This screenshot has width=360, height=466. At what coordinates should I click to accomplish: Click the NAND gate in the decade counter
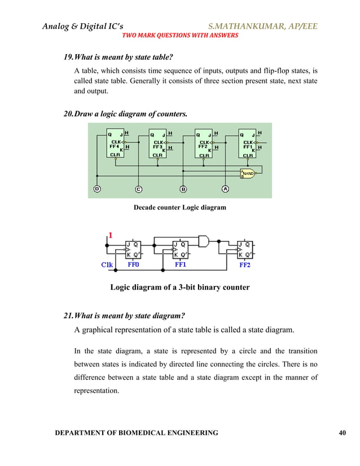pos(247,173)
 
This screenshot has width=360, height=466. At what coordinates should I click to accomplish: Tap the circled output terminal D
pos(96,189)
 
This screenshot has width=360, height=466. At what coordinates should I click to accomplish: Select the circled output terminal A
pos(225,189)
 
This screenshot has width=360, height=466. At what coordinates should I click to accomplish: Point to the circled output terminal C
pos(139,189)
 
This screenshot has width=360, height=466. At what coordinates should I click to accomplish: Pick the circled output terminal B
pos(183,189)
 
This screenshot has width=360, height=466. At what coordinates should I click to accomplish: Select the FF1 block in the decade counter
pos(248,144)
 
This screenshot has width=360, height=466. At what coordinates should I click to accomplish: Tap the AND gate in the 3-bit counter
pos(203,241)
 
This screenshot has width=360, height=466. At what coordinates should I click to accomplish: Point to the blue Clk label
pos(107,263)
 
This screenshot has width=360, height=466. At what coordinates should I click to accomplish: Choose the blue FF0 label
pos(134,263)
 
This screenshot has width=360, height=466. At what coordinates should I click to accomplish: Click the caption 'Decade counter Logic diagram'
pos(179,208)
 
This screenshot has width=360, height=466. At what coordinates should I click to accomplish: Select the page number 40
pos(342,432)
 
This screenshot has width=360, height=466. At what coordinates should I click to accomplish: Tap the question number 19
pos(68,58)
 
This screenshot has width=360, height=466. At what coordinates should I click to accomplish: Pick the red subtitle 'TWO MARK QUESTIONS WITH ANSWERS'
pos(180,35)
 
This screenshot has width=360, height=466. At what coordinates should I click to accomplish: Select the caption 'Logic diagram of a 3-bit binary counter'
pos(179,287)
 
